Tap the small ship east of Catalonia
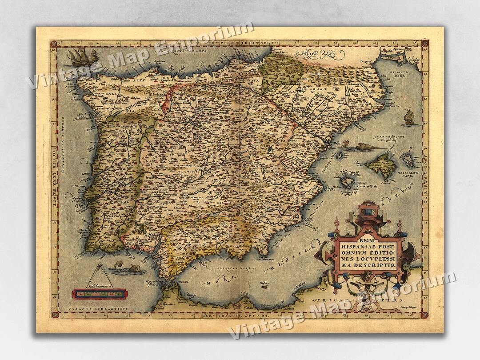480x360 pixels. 409,117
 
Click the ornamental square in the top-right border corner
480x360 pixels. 425,43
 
